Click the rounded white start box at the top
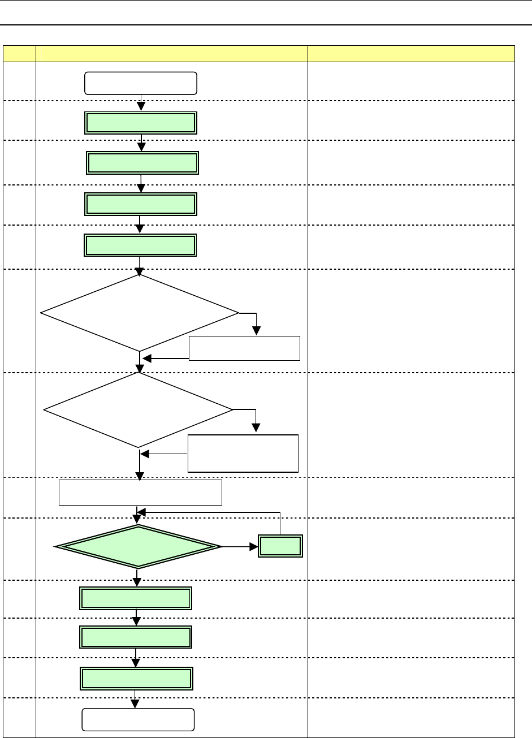tap(141, 83)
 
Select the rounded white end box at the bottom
tap(139, 719)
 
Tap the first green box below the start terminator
tap(141, 123)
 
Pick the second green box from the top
tap(143, 163)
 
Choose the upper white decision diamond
tap(140, 313)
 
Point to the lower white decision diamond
tap(139, 409)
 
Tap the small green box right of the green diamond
tap(280, 546)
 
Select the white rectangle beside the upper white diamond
tap(244, 348)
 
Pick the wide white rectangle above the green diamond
tap(141, 492)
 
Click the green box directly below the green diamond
tap(135, 598)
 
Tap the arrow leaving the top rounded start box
tap(141, 103)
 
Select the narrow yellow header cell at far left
tap(19, 54)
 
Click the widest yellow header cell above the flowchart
tap(171, 54)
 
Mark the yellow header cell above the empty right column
tap(411, 54)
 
